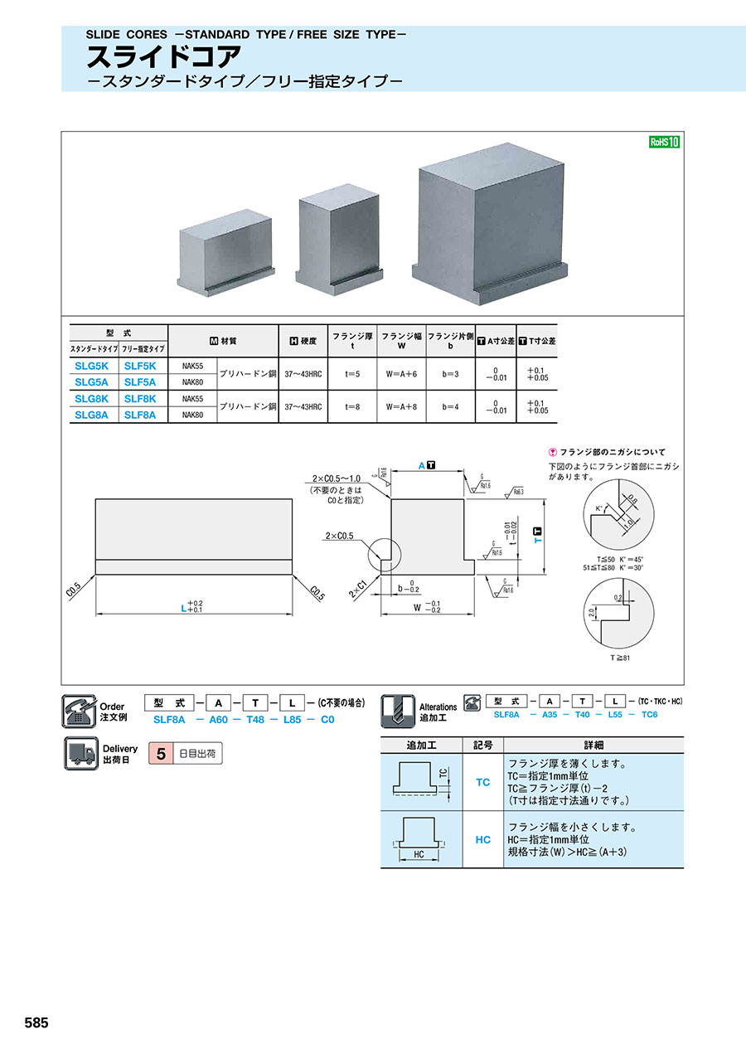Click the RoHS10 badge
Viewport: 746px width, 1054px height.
point(663,142)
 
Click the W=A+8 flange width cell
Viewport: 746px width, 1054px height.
point(401,406)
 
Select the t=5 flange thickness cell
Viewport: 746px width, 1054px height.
point(352,374)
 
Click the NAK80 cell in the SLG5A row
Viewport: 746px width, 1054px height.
point(191,382)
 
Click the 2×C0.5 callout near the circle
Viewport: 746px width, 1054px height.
point(340,536)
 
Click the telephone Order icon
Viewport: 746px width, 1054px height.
point(80,711)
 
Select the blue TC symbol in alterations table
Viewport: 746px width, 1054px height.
point(482,782)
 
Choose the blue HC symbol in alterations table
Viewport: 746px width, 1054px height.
point(482,839)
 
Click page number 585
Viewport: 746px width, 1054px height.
point(36,1023)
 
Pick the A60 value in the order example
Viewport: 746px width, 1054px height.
point(218,720)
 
